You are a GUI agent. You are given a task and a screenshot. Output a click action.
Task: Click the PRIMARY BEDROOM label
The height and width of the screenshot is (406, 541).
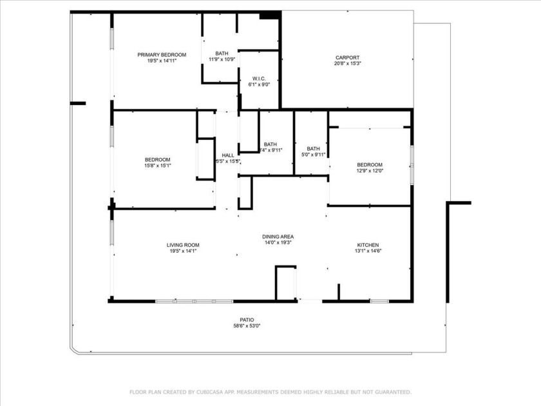[162, 55]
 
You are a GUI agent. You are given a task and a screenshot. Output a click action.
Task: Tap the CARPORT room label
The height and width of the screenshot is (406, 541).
[347, 57]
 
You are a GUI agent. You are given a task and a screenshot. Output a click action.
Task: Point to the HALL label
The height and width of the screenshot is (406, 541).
[228, 155]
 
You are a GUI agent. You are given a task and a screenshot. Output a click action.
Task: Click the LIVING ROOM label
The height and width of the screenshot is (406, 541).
[183, 245]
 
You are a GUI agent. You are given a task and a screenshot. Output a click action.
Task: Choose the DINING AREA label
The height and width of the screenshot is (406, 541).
[278, 237]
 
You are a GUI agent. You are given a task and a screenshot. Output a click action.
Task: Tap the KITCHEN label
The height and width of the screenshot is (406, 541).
[368, 245]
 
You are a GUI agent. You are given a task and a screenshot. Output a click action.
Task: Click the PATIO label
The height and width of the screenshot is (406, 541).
[247, 320]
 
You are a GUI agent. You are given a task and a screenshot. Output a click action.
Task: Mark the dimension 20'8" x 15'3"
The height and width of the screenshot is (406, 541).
[347, 63]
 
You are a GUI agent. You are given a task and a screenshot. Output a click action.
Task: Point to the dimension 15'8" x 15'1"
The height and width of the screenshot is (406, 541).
[157, 166]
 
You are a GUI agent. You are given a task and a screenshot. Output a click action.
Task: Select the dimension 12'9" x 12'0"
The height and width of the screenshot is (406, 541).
[370, 171]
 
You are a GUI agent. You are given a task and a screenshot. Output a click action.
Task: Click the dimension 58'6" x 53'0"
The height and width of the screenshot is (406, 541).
[247, 325]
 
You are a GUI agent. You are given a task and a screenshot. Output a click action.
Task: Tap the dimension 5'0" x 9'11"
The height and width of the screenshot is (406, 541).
[314, 155]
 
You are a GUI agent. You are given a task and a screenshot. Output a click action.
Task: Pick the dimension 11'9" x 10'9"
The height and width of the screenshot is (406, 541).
[222, 59]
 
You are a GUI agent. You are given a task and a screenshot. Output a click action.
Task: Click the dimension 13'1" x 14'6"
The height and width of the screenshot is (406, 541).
[368, 251]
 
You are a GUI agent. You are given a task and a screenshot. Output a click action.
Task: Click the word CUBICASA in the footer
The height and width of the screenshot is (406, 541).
[205, 392]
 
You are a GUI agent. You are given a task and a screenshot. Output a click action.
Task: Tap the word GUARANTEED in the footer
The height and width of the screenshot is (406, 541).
[388, 392]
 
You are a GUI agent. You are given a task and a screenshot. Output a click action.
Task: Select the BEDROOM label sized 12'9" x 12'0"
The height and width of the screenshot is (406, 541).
[370, 164]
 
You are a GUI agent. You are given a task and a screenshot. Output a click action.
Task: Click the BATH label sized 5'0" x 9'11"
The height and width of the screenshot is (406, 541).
[314, 148]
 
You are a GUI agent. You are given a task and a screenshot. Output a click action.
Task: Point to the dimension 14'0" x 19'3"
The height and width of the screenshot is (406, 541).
[278, 243]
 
